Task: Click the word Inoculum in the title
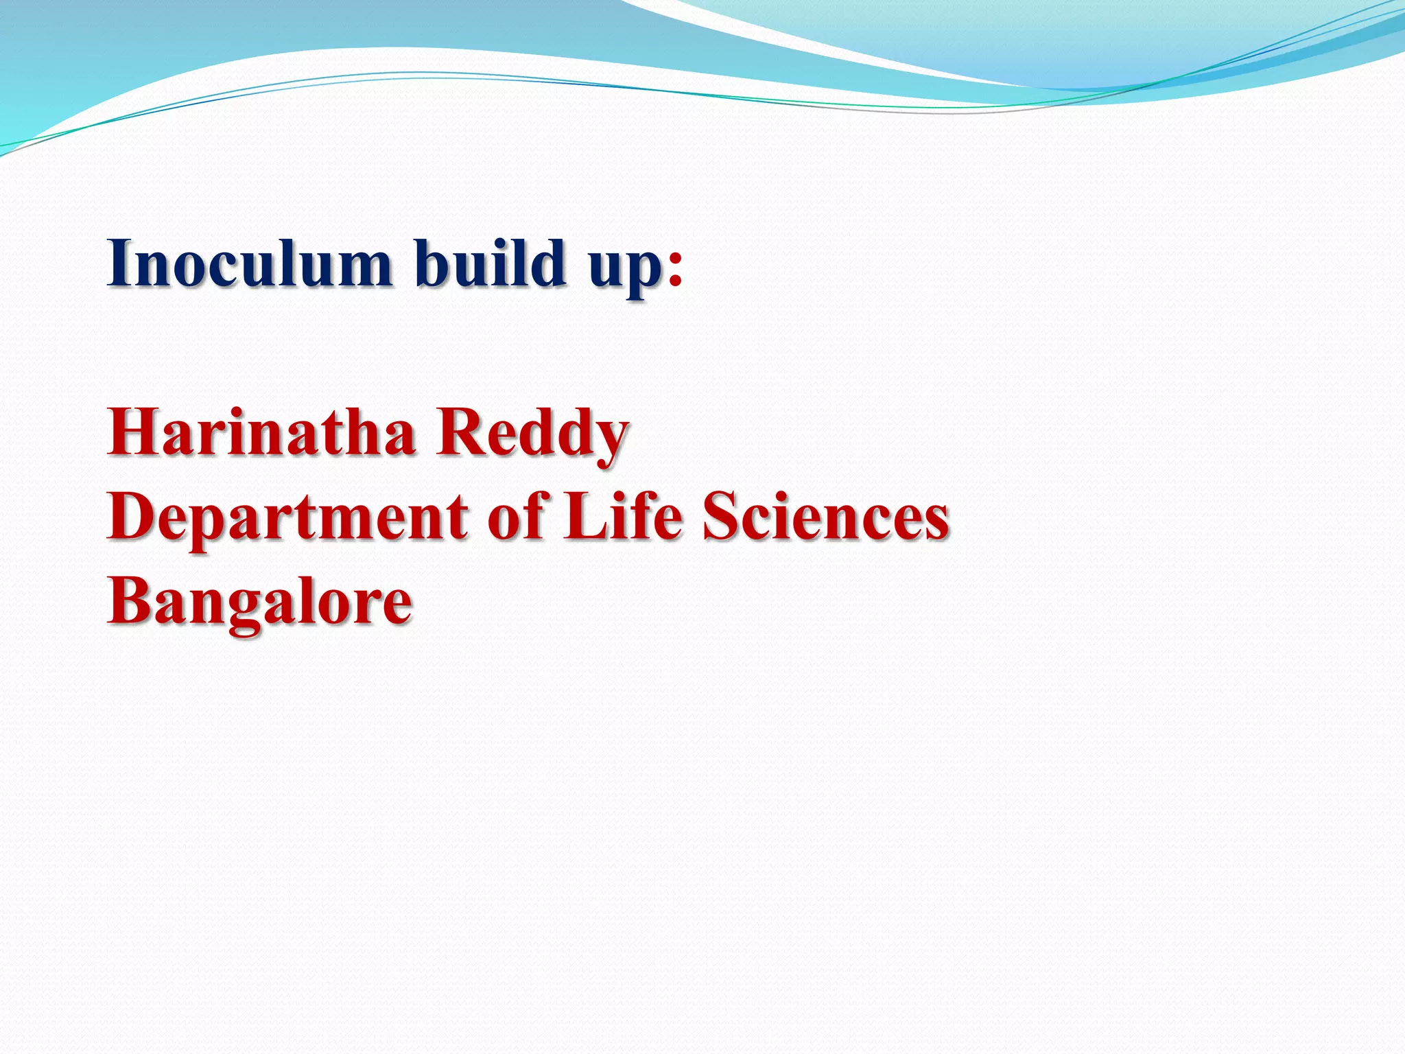click(x=249, y=263)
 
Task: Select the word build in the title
click(x=491, y=263)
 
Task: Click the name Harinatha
click(x=261, y=432)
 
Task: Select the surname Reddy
click(x=532, y=435)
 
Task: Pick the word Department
click(x=287, y=518)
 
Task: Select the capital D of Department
click(x=132, y=516)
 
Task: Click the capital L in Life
click(x=581, y=516)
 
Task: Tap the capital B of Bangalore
click(x=130, y=600)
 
